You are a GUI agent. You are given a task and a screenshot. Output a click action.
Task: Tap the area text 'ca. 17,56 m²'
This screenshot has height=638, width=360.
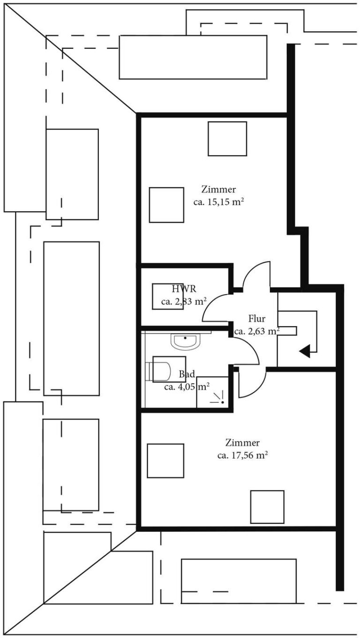coord(242,455)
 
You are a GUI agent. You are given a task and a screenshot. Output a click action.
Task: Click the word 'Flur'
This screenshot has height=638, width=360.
coord(257,319)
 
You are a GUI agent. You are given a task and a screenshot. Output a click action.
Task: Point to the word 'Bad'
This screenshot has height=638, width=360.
coord(187,374)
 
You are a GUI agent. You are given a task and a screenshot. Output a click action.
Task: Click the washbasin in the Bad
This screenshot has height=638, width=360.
coord(186,341)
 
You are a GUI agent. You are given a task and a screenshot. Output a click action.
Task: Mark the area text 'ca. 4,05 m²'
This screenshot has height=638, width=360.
coord(187,387)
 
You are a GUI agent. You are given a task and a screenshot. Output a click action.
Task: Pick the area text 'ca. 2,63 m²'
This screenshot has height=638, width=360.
coord(257,331)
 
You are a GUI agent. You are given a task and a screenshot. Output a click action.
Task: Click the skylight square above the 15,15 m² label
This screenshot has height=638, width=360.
coord(227,139)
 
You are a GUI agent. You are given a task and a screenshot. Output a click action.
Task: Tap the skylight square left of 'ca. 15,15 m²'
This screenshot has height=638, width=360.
coord(166,205)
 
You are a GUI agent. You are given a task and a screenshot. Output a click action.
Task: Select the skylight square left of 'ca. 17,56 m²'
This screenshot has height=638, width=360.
coord(165,460)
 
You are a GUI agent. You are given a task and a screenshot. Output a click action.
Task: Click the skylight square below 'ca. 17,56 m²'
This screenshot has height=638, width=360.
coord(267,507)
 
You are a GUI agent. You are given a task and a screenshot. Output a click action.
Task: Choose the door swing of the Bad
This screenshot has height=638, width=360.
coord(247,349)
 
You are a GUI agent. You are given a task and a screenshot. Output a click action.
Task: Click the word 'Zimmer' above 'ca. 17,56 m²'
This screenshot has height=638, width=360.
coord(242,443)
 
